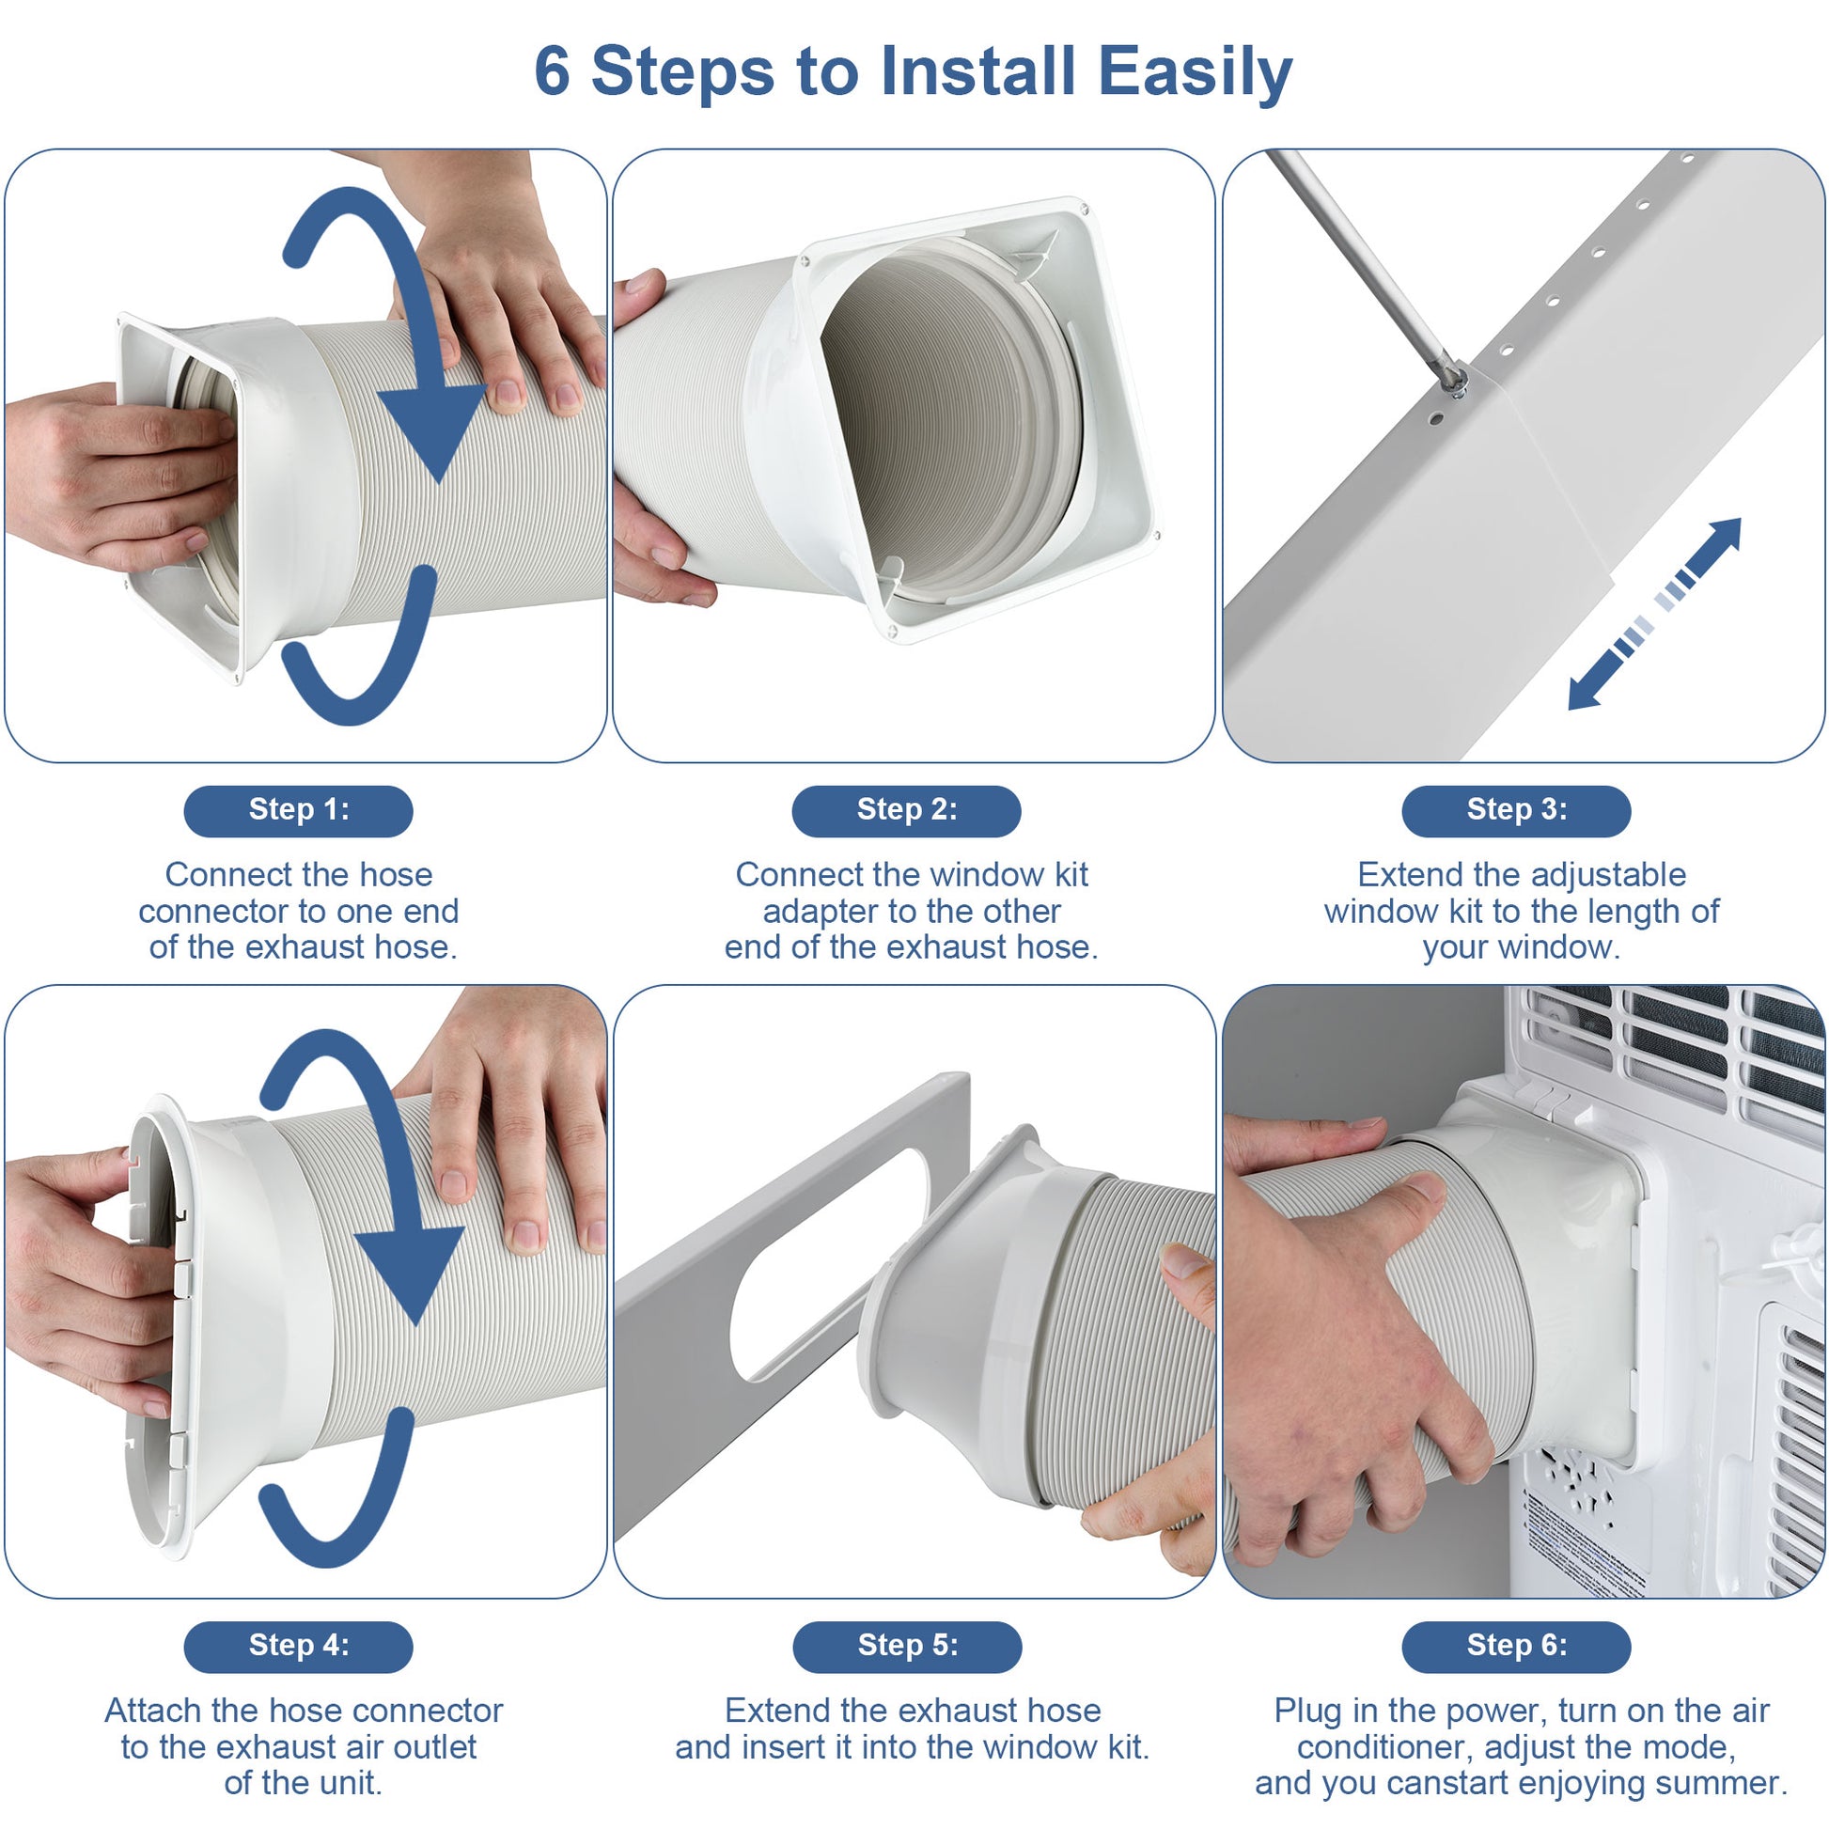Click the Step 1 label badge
click(x=298, y=810)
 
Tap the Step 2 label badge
click(x=906, y=810)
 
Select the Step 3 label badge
click(x=1516, y=810)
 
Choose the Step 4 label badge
click(x=298, y=1647)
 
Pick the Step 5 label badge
click(x=907, y=1647)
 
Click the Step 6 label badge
click(x=1516, y=1647)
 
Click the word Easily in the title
click(x=1195, y=73)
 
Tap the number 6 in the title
click(x=552, y=71)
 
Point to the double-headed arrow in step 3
click(x=1654, y=614)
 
